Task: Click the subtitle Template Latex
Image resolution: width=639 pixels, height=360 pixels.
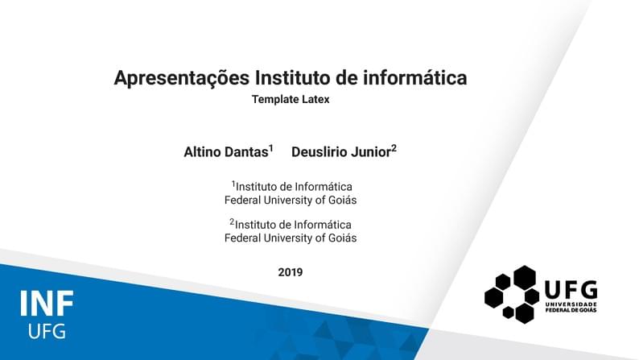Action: pos(291,100)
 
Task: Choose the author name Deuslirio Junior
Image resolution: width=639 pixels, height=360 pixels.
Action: pos(340,151)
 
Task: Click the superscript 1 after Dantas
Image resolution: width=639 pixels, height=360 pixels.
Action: pos(271,148)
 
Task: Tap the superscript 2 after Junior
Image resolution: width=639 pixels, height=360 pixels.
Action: pos(394,148)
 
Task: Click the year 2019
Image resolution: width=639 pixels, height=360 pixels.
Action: pos(291,272)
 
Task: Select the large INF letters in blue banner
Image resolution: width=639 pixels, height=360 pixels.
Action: pos(47,304)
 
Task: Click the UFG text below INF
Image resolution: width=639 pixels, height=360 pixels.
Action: pos(47,331)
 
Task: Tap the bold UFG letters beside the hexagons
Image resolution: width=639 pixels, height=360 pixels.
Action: pos(571,289)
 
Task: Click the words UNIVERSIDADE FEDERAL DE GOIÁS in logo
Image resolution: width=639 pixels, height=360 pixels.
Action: pos(571,307)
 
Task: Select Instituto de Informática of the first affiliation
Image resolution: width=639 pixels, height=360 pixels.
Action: pos(294,187)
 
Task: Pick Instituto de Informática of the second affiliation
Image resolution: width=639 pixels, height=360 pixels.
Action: pos(294,225)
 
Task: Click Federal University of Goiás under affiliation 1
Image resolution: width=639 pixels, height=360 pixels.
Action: pos(291,200)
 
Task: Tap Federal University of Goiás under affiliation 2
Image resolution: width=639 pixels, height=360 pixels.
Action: pos(291,238)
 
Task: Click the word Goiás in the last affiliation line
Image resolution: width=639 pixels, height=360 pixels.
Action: pos(342,238)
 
